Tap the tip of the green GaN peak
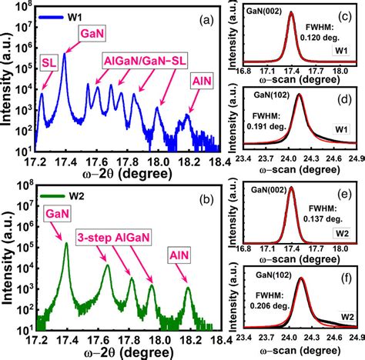65,244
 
